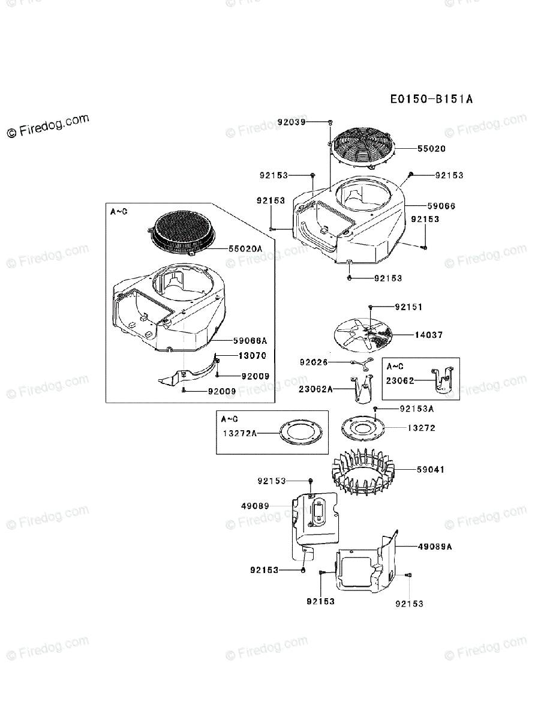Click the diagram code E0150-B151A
point(431,99)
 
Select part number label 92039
point(291,122)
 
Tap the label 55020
point(431,148)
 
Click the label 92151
point(408,307)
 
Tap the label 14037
point(428,335)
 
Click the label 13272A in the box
point(239,433)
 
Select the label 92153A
point(417,409)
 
